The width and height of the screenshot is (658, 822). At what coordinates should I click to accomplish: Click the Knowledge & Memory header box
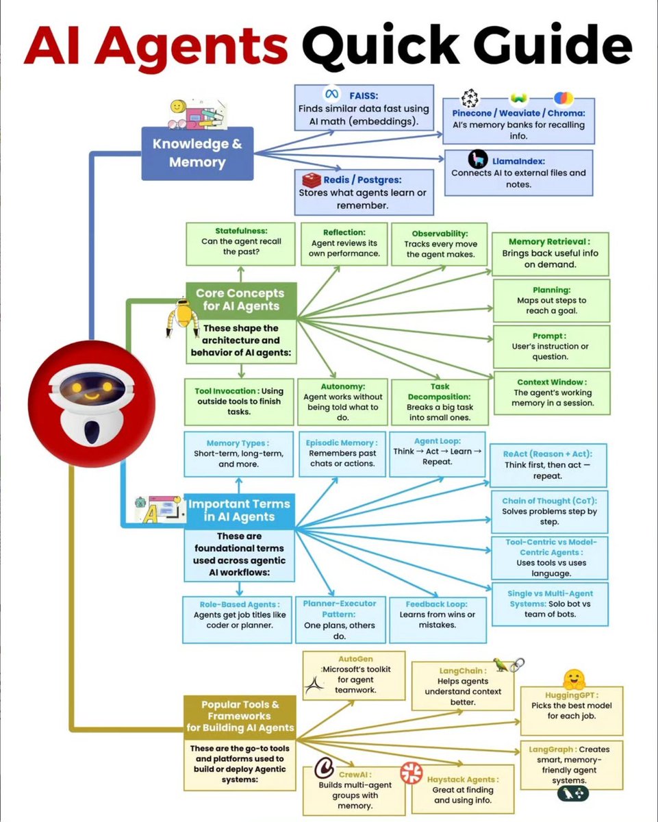197,153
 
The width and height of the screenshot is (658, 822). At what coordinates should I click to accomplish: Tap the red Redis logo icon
312,180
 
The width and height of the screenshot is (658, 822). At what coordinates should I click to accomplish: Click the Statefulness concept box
241,242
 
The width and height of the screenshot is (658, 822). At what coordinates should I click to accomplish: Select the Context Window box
551,393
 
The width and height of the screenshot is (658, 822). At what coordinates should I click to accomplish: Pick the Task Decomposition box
440,401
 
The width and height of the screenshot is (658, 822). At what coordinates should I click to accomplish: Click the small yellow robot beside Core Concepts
181,317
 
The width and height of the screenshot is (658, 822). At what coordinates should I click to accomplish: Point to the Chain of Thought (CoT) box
549,511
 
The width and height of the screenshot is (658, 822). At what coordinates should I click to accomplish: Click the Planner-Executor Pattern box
339,619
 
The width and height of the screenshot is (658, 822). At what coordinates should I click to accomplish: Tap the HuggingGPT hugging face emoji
573,679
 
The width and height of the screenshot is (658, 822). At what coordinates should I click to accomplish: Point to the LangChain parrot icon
503,665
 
